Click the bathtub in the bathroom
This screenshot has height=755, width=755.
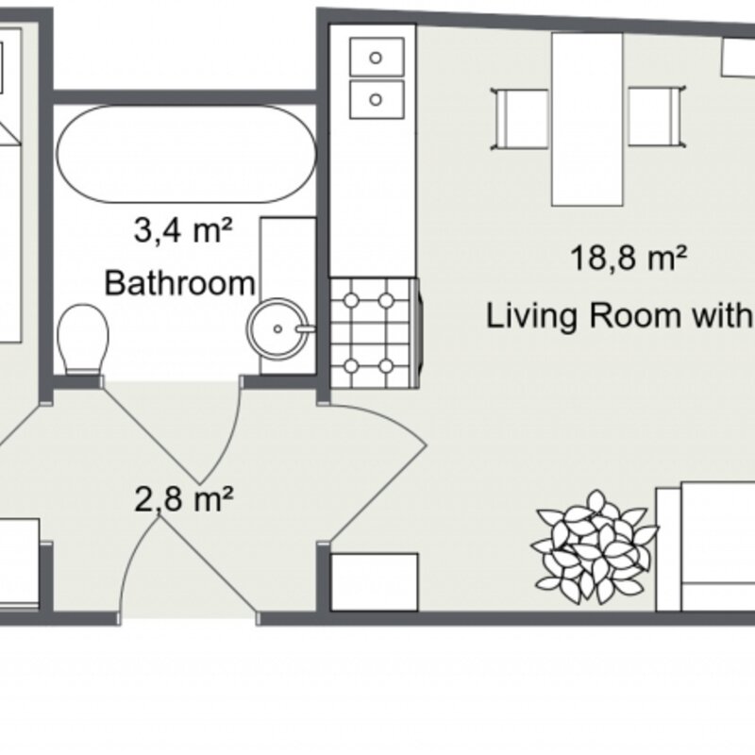186,154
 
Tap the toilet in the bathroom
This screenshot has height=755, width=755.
83,339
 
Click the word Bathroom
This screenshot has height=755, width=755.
179,283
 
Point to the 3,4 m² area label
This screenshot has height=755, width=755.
183,230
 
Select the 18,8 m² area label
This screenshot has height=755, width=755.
629,258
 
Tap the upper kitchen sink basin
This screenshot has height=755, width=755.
377,57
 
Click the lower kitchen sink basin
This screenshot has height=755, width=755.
377,100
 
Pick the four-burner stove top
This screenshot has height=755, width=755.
374,333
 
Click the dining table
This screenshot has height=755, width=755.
587,120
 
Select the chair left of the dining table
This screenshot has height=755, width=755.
520,119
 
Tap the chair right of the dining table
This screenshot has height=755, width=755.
657,116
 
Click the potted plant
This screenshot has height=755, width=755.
594,547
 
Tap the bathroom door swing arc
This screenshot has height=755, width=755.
226,431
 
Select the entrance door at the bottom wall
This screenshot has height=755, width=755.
189,567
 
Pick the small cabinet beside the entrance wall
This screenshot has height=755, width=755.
374,582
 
